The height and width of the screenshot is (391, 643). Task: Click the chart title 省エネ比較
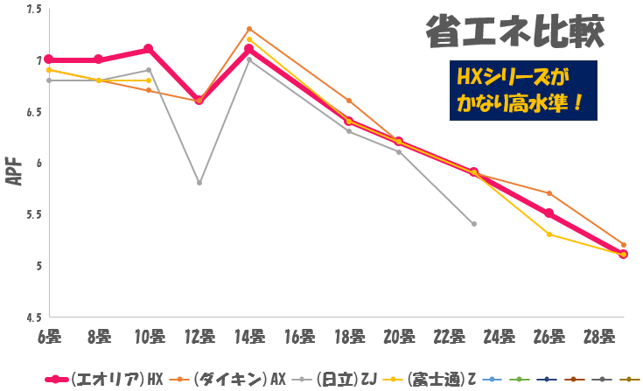pos(514,32)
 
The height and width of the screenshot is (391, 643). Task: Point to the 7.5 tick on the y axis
pos(35,10)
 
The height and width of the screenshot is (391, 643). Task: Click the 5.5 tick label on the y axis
pos(35,214)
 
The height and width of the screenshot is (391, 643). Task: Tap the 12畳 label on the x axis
pos(199,335)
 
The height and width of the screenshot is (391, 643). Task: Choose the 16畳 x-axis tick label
pos(299,335)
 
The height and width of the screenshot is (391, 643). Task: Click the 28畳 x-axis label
pos(598,335)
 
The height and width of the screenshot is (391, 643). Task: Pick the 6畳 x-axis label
pos(50,335)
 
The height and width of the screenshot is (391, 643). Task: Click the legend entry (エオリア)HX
pos(104,379)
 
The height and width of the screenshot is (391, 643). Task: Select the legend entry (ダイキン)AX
pos(230,379)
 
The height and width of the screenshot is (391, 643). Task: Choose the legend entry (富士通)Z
pos(442,379)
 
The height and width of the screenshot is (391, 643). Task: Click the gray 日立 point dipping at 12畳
pos(199,183)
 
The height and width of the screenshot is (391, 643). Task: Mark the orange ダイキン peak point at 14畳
pos(249,29)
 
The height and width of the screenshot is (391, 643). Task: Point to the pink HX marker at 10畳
pos(149,49)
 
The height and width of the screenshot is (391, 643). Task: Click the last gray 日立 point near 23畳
pos(473,224)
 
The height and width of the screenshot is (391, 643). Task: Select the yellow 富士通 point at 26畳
pos(549,234)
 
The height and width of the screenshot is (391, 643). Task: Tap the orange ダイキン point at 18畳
pos(349,101)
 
